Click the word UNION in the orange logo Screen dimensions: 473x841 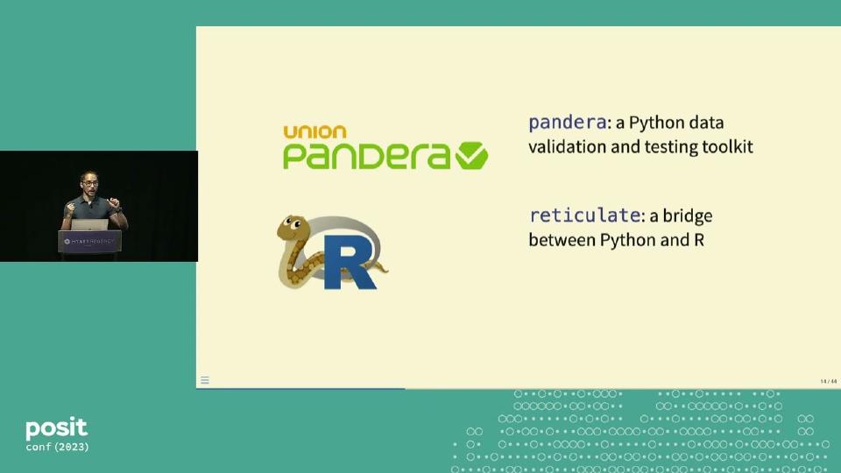tap(314, 132)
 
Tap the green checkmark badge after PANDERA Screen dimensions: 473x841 tap(471, 156)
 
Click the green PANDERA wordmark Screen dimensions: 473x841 tap(367, 156)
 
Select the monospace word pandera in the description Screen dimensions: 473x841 tap(568, 123)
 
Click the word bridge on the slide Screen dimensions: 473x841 tap(688, 215)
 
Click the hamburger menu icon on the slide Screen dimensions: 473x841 tap(205, 380)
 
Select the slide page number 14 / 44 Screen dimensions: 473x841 tap(828, 381)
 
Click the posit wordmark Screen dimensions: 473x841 tap(57, 428)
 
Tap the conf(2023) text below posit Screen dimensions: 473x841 tap(57, 447)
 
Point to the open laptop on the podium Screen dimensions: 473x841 tap(90, 225)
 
